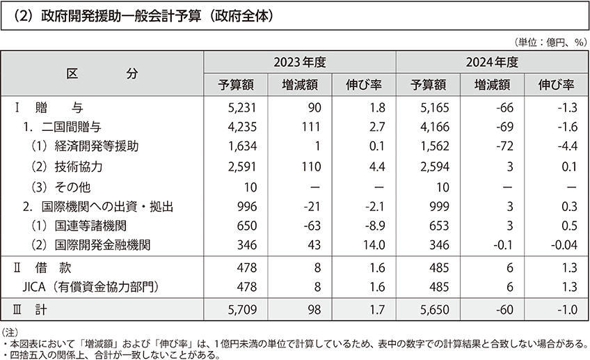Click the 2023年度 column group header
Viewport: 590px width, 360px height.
(299, 62)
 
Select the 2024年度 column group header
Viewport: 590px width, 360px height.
(493, 62)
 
